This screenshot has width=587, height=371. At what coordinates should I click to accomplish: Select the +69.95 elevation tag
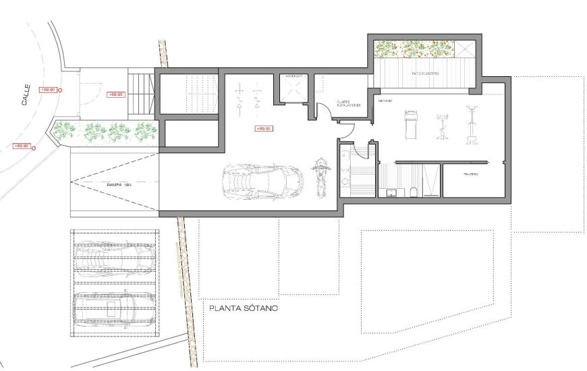(x=115, y=94)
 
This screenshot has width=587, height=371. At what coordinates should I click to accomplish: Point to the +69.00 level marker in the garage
(x=262, y=128)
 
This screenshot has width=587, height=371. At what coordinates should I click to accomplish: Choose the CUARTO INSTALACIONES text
(x=349, y=105)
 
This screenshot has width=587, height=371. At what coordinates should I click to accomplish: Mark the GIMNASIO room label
(x=385, y=100)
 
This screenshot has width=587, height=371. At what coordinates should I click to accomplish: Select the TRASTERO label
(x=470, y=174)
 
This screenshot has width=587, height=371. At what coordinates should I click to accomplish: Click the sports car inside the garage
(x=262, y=181)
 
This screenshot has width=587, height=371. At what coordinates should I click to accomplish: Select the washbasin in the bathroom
(x=391, y=193)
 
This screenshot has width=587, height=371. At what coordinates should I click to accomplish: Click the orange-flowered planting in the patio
(x=413, y=49)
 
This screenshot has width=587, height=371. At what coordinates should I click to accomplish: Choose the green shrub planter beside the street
(x=108, y=131)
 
